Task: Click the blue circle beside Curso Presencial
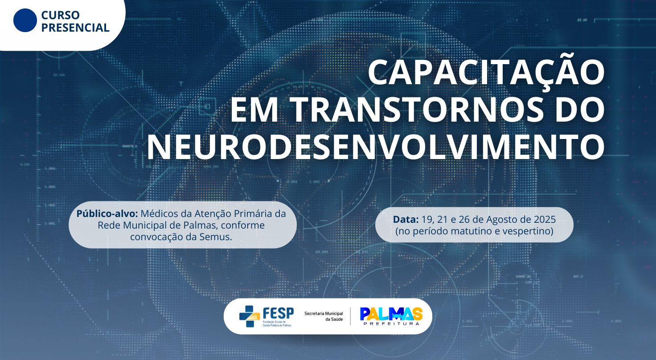point(25,20)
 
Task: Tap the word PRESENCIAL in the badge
point(75,28)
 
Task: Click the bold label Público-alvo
point(107,213)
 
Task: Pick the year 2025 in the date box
point(544,220)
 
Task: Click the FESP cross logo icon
point(250,316)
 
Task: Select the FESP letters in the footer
point(278,313)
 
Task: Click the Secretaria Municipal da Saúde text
point(324,316)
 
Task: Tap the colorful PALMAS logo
point(391,314)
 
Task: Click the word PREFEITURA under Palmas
point(391,324)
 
